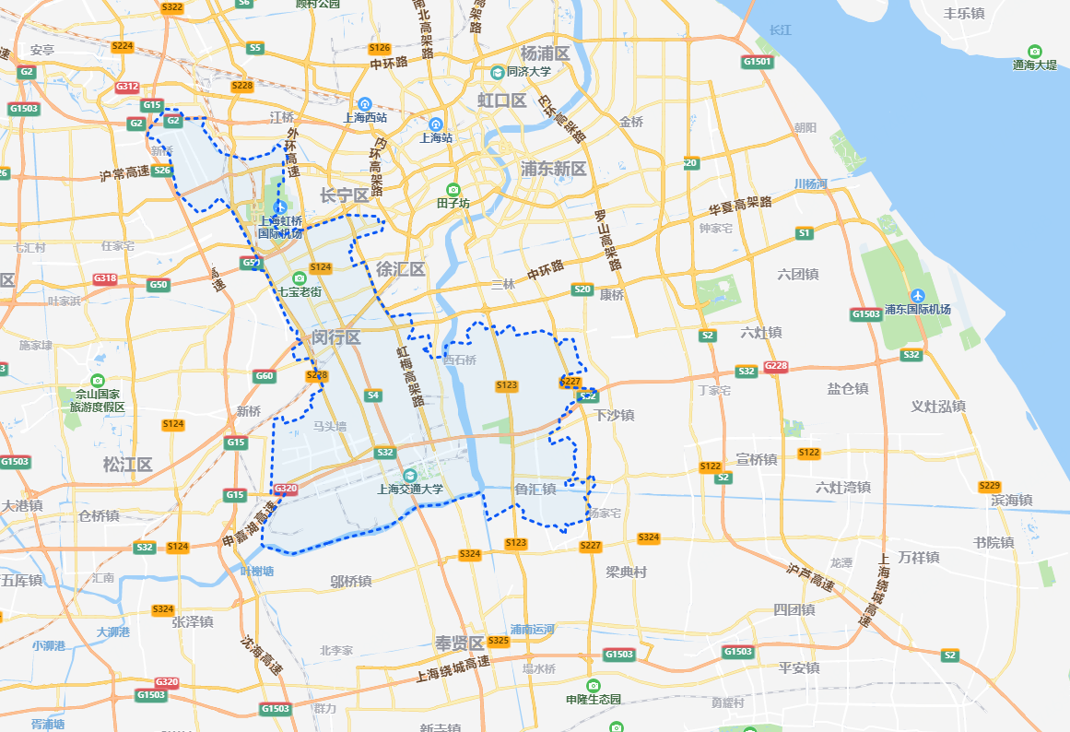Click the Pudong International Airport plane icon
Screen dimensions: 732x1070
tap(917, 294)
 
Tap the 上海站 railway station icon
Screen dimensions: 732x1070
tap(436, 124)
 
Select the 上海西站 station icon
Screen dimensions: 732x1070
tap(365, 103)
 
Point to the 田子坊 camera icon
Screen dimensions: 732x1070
tap(453, 189)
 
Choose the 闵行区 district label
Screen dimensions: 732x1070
tap(335, 337)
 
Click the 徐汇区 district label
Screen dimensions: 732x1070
tap(400, 269)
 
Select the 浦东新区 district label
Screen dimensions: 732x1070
tap(553, 169)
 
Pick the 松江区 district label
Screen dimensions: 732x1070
tap(128, 464)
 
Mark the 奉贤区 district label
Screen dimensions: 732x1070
tap(459, 643)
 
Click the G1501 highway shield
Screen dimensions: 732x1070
tap(758, 62)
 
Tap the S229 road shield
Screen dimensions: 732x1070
tap(989, 486)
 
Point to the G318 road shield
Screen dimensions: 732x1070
tap(105, 278)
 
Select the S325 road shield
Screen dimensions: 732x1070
tap(499, 641)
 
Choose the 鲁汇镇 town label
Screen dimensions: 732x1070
tap(535, 490)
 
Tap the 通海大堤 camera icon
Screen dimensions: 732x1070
tap(1034, 51)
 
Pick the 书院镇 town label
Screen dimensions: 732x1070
tap(993, 542)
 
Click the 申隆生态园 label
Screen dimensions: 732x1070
tap(594, 699)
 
